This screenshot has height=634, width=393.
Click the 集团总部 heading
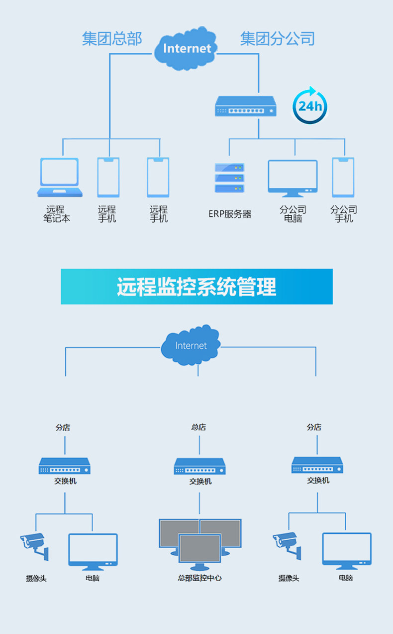(x=112, y=39)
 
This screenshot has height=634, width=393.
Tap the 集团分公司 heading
(x=277, y=39)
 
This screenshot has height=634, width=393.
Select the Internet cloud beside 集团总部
(x=186, y=48)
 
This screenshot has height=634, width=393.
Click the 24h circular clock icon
(x=309, y=106)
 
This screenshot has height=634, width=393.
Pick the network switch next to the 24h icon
(x=245, y=106)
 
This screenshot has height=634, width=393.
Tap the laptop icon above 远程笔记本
(x=60, y=177)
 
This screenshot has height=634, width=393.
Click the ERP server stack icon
(x=229, y=178)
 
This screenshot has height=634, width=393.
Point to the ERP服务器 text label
(x=230, y=214)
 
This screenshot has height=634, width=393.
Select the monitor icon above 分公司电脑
(x=293, y=177)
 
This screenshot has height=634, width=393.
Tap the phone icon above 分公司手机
(x=343, y=177)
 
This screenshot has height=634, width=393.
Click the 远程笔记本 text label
(x=56, y=214)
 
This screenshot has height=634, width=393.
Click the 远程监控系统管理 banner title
(x=196, y=287)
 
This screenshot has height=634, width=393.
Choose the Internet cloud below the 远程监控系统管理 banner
(x=191, y=345)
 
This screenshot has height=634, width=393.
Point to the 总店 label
(x=198, y=427)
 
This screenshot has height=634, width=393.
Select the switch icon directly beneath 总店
(x=199, y=467)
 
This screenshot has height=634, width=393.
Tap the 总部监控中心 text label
(x=199, y=578)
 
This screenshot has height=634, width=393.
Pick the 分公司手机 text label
(x=343, y=214)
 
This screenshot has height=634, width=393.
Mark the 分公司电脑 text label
(x=293, y=214)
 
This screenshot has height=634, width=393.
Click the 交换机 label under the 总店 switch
(x=200, y=481)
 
